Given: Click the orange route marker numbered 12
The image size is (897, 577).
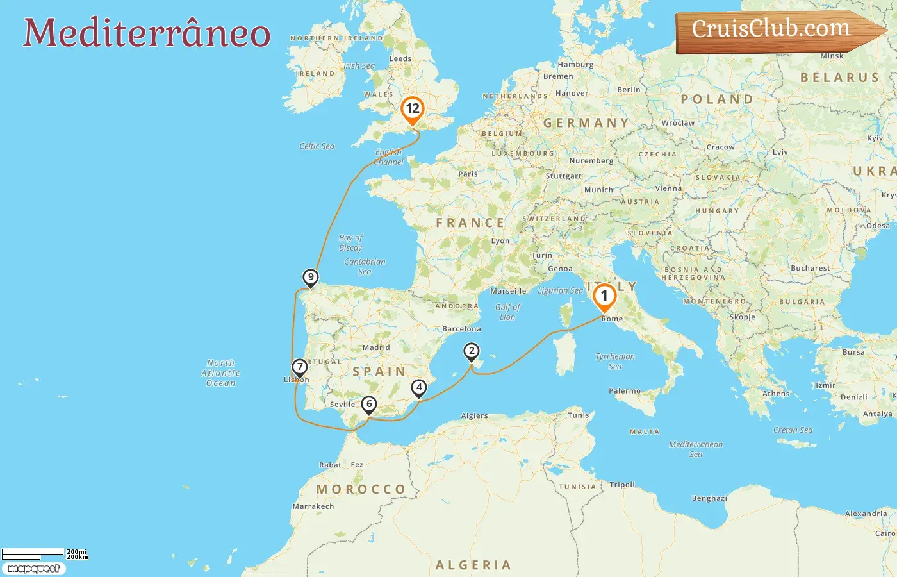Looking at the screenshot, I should click(413, 109).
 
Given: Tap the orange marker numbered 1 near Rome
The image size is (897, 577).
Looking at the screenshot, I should click(604, 296).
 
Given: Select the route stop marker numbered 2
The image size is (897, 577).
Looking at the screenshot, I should click(472, 351).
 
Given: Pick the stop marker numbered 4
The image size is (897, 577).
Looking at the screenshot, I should click(419, 388).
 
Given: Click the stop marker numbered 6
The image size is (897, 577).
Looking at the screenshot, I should click(369, 405).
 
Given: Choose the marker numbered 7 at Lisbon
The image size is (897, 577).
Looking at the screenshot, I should click(299, 367).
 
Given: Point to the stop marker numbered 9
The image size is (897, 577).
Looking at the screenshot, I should click(311, 278).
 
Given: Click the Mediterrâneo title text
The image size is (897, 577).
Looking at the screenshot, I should click(147, 33).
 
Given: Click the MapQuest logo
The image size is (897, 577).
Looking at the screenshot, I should click(33, 569).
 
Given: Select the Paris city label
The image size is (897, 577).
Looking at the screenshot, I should click(468, 174).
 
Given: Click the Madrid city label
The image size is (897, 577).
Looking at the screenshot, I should click(376, 347).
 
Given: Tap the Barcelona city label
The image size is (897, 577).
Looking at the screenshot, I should click(461, 329).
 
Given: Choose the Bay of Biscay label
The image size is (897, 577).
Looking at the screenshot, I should click(350, 242).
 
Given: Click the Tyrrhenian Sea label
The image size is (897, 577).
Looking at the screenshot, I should click(615, 361).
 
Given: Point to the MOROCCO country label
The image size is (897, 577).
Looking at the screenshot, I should click(361, 489).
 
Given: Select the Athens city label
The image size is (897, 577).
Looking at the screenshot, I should click(776, 394).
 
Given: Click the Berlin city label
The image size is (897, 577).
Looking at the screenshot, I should click(629, 90).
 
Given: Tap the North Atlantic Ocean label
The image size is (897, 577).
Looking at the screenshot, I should click(221, 373).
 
